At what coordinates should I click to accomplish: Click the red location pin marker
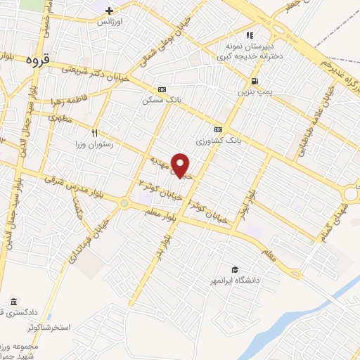click(181, 165)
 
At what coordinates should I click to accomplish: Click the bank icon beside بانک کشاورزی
click(218, 129)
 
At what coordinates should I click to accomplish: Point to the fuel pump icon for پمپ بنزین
click(254, 80)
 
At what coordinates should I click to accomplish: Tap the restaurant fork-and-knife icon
click(95, 131)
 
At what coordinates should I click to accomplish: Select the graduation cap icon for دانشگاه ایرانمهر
click(233, 269)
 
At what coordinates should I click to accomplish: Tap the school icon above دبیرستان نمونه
click(248, 34)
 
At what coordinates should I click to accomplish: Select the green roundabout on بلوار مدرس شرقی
click(125, 203)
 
